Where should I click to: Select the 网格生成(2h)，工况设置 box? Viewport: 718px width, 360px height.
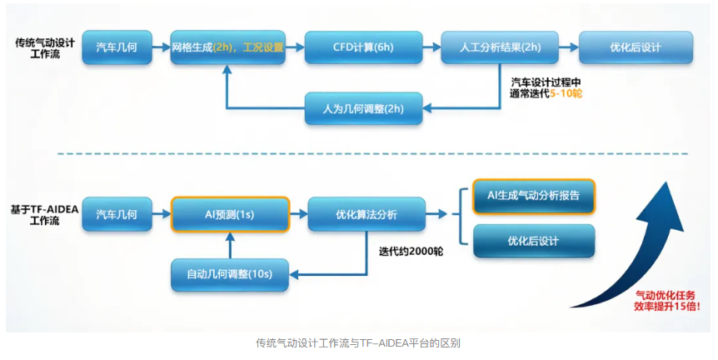(x=227, y=47)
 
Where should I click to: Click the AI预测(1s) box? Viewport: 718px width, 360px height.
(x=229, y=214)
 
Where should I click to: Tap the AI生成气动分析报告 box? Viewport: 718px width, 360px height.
(x=534, y=197)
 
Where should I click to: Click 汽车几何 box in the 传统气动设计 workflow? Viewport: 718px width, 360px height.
(x=117, y=47)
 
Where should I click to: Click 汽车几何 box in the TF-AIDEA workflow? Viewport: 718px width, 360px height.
(x=117, y=214)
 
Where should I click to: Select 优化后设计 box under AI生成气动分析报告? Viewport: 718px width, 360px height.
(x=534, y=241)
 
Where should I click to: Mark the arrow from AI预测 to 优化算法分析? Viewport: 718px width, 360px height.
(x=298, y=214)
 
